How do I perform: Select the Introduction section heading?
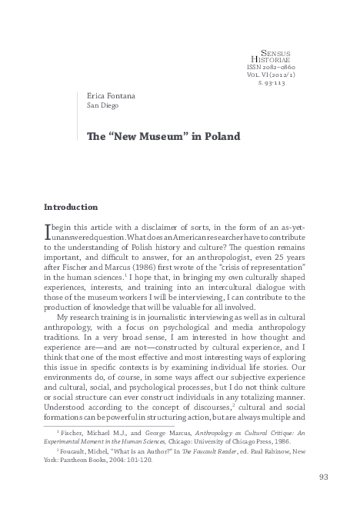(71, 207)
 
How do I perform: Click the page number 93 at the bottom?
(323, 477)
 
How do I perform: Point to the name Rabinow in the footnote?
(282, 452)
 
